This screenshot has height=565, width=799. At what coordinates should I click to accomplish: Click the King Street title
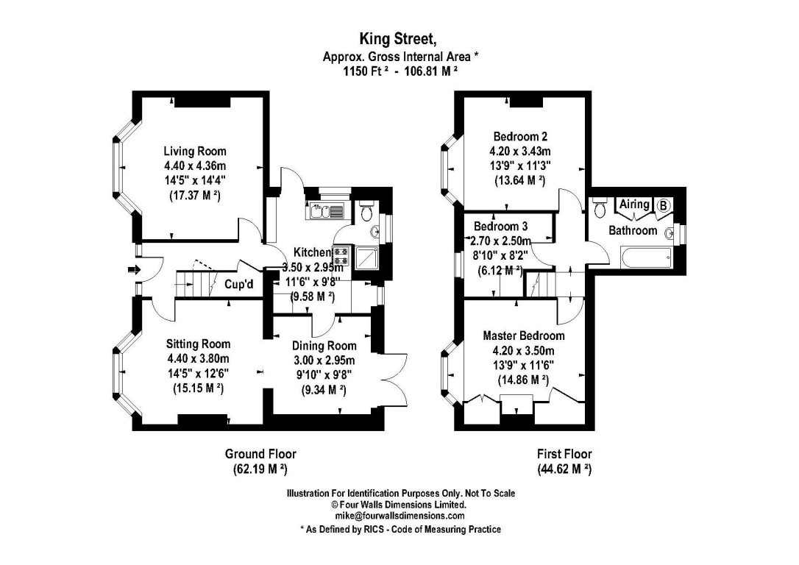click(x=398, y=39)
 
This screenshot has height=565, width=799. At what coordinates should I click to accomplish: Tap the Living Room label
click(x=195, y=152)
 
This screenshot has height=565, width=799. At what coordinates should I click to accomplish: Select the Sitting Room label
click(x=198, y=344)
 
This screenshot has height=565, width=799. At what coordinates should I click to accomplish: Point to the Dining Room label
click(x=324, y=346)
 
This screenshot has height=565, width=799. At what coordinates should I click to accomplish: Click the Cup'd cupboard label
click(x=239, y=284)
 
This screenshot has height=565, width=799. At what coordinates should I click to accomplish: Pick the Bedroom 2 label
click(x=520, y=137)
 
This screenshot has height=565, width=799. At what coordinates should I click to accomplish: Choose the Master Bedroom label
click(x=524, y=336)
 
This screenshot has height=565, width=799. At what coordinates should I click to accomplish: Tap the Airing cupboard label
click(x=634, y=205)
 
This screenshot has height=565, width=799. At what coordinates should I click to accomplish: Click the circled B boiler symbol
click(x=663, y=205)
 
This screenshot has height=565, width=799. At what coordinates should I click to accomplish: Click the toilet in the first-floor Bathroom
click(x=599, y=206)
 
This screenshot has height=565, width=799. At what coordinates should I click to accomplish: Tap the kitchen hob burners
click(x=341, y=256)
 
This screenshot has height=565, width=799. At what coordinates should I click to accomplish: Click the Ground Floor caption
click(x=260, y=454)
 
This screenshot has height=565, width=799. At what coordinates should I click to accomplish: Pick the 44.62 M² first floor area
click(x=564, y=469)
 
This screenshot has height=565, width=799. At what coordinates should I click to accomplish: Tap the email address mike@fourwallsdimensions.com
click(x=400, y=516)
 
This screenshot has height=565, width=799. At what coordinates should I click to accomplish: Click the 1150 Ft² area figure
click(x=367, y=71)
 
